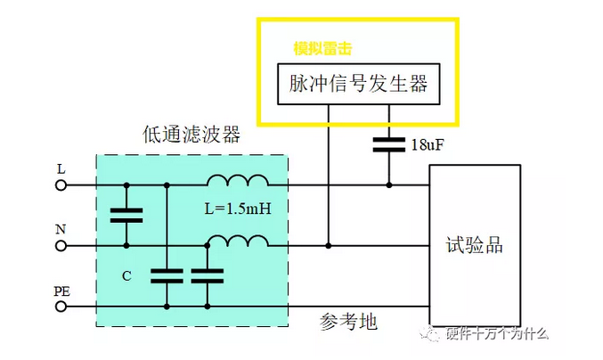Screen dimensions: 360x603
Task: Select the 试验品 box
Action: [x=475, y=243]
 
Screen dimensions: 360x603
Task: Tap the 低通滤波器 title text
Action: [x=191, y=135]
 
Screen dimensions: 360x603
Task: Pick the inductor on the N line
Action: [x=237, y=241]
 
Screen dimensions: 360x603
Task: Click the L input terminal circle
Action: [x=61, y=185]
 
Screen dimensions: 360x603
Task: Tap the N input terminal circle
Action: [x=61, y=246]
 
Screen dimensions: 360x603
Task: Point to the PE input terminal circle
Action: [x=61, y=306]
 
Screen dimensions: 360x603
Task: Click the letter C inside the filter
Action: [x=126, y=275]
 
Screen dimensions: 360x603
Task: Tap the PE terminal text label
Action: [x=61, y=290]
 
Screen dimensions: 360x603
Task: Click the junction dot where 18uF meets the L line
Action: [x=388, y=185]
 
